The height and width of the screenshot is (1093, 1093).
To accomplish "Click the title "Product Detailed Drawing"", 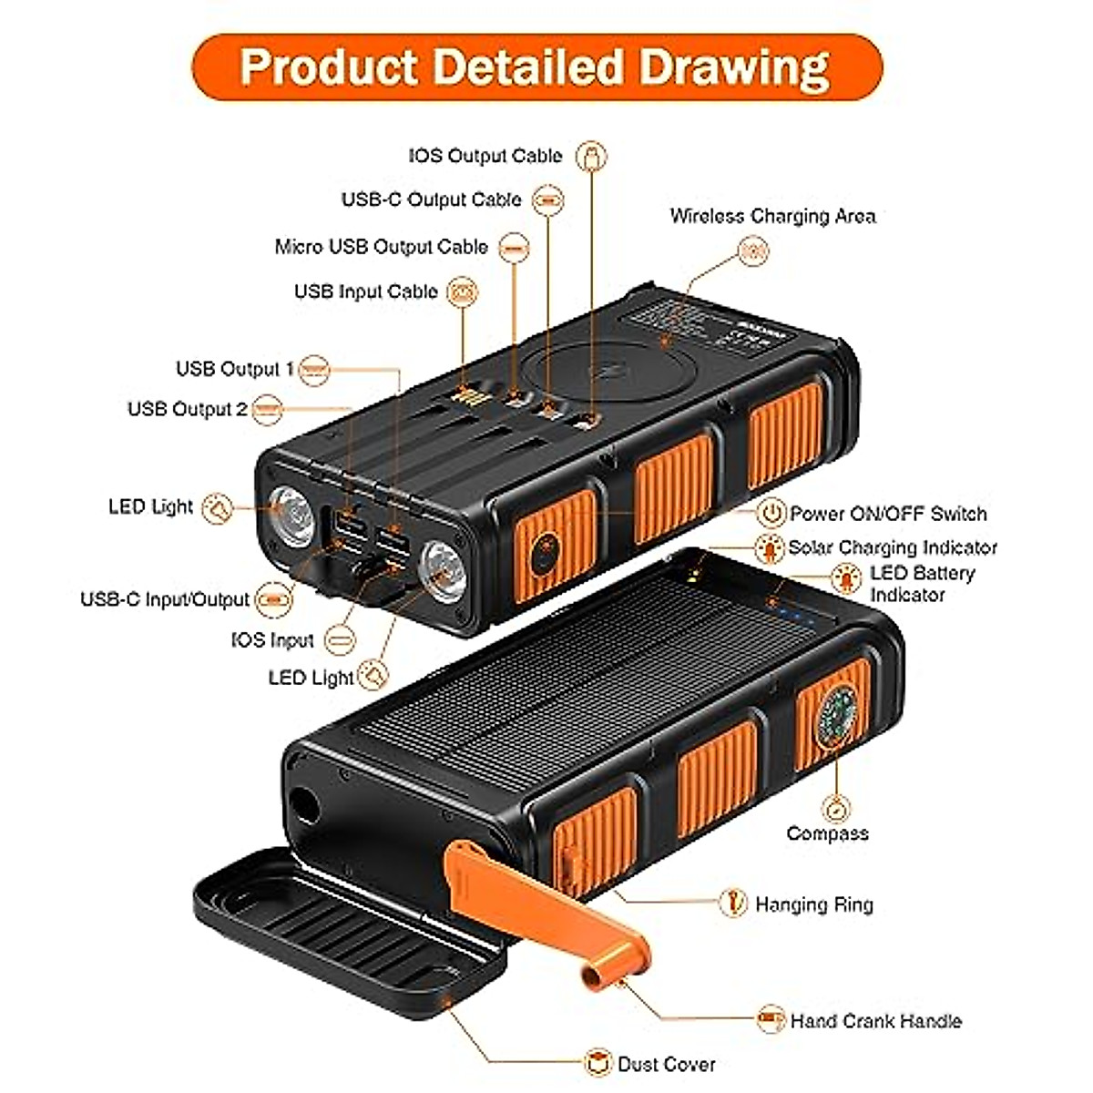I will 536,66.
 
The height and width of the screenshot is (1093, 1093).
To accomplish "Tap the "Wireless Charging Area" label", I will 772,217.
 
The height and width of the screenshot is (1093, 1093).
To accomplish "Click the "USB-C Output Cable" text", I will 431,199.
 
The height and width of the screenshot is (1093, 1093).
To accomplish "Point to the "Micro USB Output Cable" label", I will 381,247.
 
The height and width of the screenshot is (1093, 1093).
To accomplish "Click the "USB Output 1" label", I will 234,369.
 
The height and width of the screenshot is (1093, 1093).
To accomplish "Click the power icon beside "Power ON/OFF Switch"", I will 771,513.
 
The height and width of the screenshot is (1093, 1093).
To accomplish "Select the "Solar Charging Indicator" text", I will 892,547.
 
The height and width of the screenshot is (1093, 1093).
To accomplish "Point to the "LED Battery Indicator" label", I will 921,583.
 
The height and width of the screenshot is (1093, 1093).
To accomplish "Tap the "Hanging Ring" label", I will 813,904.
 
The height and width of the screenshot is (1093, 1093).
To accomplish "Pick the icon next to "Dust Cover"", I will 598,1063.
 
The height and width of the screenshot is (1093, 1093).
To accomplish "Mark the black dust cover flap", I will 346,938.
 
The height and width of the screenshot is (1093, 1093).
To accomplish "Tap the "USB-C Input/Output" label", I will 164,599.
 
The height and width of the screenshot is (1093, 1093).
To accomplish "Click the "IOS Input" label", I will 272,640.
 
